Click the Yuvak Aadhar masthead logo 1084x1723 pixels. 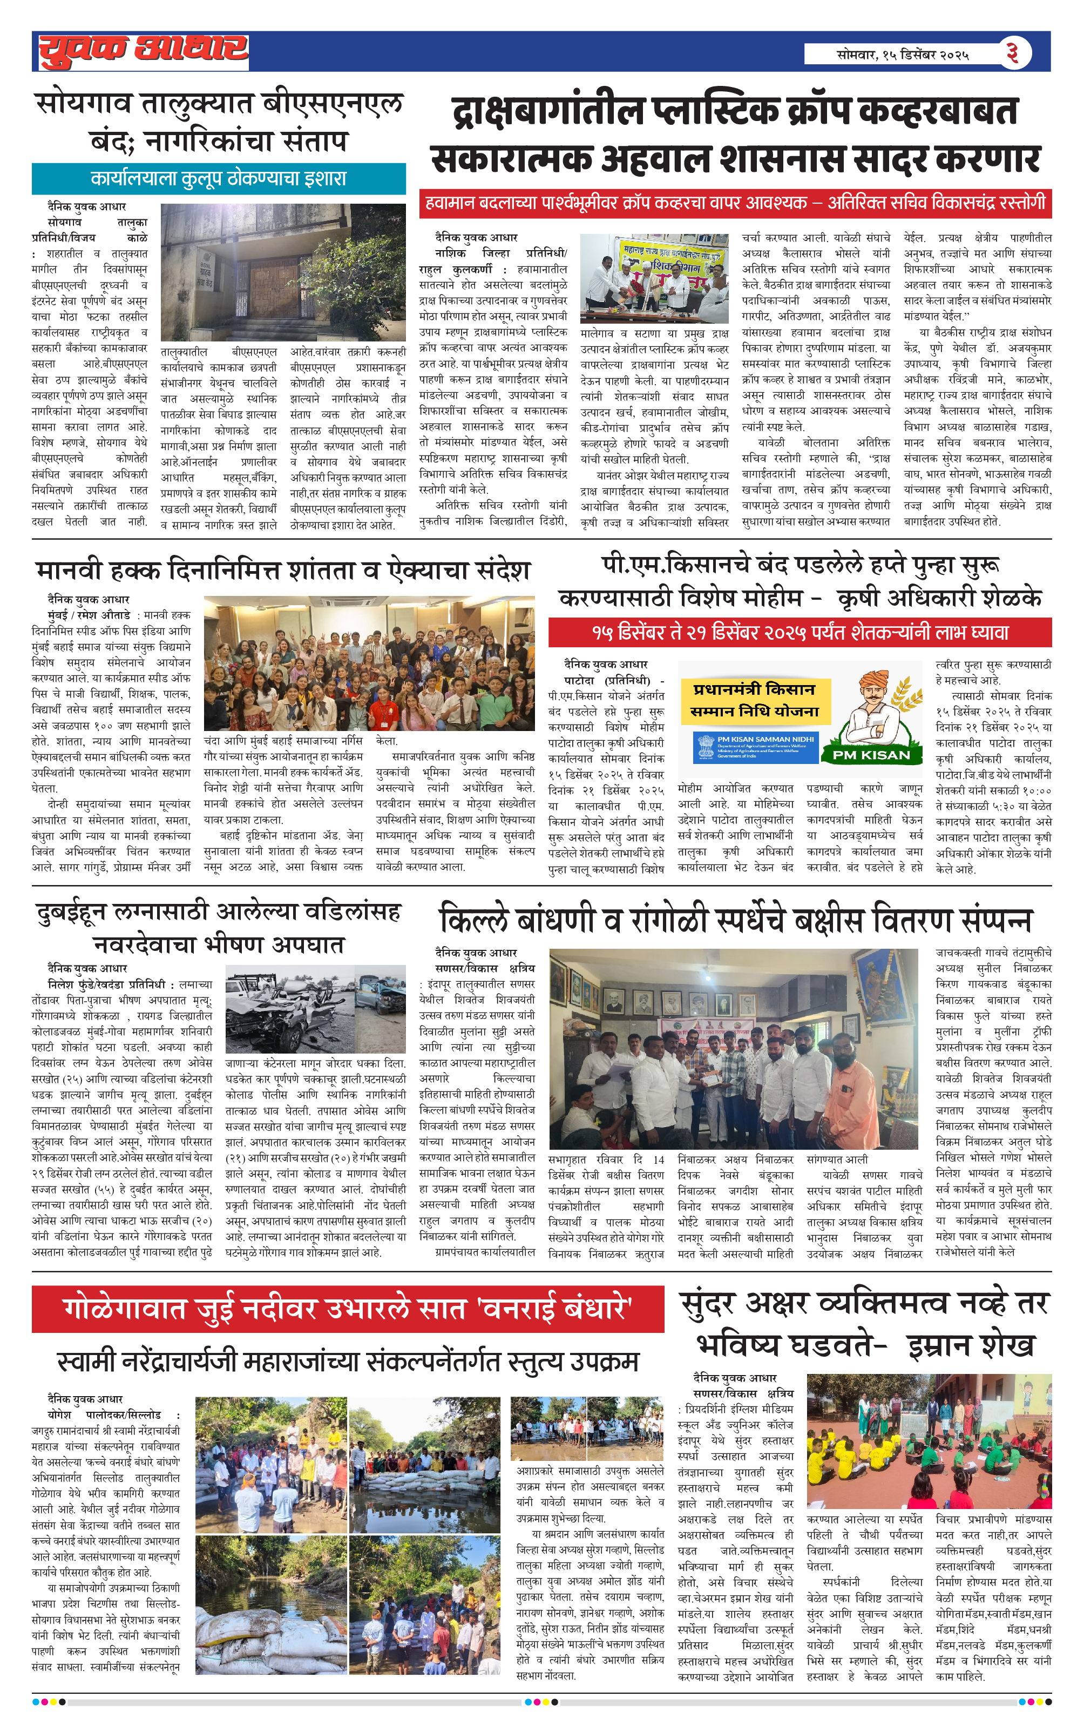pyautogui.click(x=143, y=51)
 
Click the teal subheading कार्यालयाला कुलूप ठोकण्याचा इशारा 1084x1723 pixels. pyautogui.click(x=218, y=179)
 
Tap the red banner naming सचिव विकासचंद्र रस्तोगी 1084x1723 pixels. pyautogui.click(x=735, y=203)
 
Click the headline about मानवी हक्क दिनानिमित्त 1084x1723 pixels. pyautogui.click(x=283, y=570)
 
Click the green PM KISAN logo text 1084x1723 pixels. pyautogui.click(x=870, y=755)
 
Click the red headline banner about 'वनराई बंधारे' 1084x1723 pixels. pyautogui.click(x=348, y=1309)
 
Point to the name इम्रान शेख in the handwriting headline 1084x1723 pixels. pyautogui.click(x=971, y=1346)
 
